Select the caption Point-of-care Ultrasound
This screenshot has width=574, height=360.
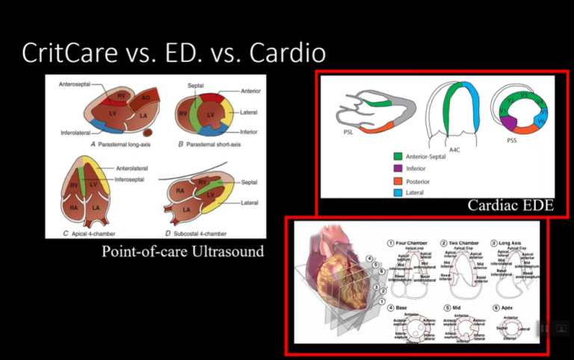[x=182, y=252]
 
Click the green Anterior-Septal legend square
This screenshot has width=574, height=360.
[x=398, y=156]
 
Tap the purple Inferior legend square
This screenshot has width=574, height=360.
[x=398, y=168]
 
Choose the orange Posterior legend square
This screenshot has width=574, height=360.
[x=398, y=180]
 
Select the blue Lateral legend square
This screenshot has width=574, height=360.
[x=398, y=192]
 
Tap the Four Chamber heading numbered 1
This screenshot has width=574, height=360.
[x=411, y=243]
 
